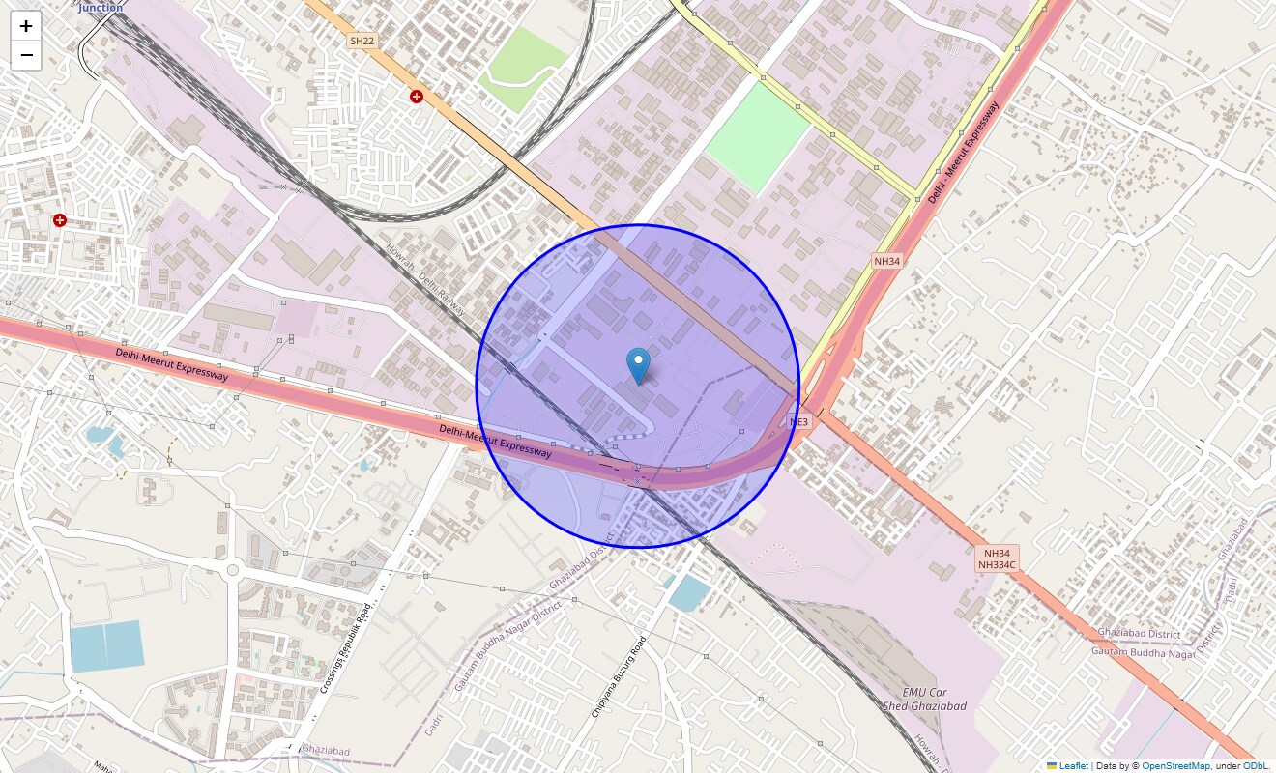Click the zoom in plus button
point(27,26)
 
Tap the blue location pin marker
point(638,365)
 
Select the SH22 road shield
point(362,41)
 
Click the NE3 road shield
point(798,422)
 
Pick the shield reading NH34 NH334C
point(997,558)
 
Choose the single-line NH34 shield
point(887,261)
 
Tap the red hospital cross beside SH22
point(416,97)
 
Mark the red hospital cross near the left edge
point(60,220)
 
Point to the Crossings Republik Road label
point(345,646)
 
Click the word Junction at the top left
point(101,7)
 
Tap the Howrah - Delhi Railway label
point(425,279)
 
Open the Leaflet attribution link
point(1073,765)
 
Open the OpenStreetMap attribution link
point(1175,765)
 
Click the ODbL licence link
point(1256,765)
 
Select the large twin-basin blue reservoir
point(106,646)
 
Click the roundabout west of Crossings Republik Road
point(232,570)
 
